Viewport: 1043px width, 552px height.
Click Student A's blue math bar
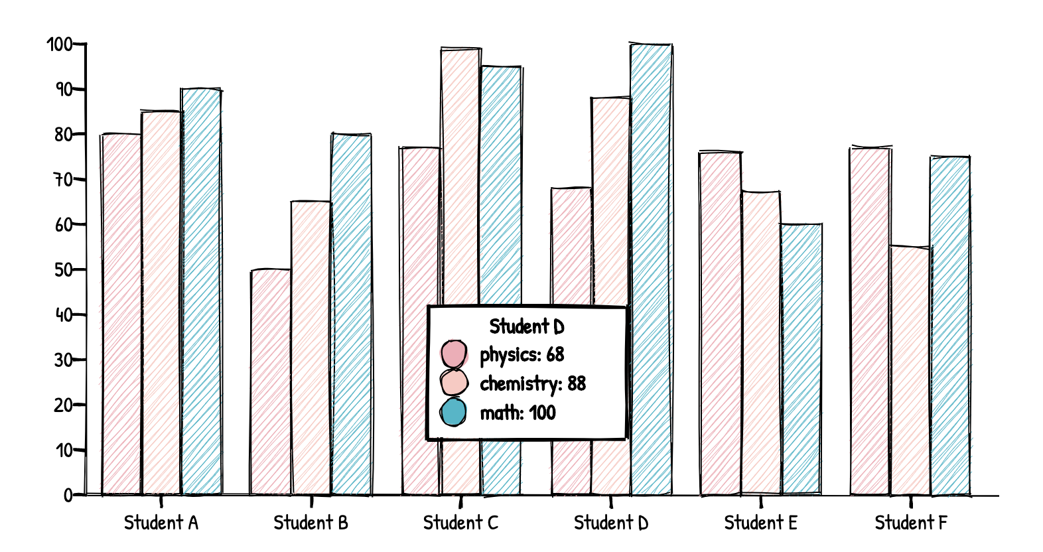(x=201, y=292)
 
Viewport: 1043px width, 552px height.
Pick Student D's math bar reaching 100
(x=651, y=199)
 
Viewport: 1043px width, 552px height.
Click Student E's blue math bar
(x=801, y=358)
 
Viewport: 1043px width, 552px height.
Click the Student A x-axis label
(x=161, y=523)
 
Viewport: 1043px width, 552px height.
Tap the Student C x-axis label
(x=460, y=523)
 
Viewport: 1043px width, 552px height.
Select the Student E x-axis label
(x=760, y=523)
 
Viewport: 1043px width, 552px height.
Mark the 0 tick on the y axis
(x=68, y=495)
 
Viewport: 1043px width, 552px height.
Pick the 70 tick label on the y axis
(x=64, y=180)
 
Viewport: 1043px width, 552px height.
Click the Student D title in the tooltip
(x=527, y=326)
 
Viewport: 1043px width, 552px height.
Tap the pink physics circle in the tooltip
(x=454, y=354)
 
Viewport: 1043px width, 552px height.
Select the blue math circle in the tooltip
(x=454, y=412)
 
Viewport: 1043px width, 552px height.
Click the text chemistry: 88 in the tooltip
(x=533, y=383)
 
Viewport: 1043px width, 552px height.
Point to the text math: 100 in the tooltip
(x=518, y=413)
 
